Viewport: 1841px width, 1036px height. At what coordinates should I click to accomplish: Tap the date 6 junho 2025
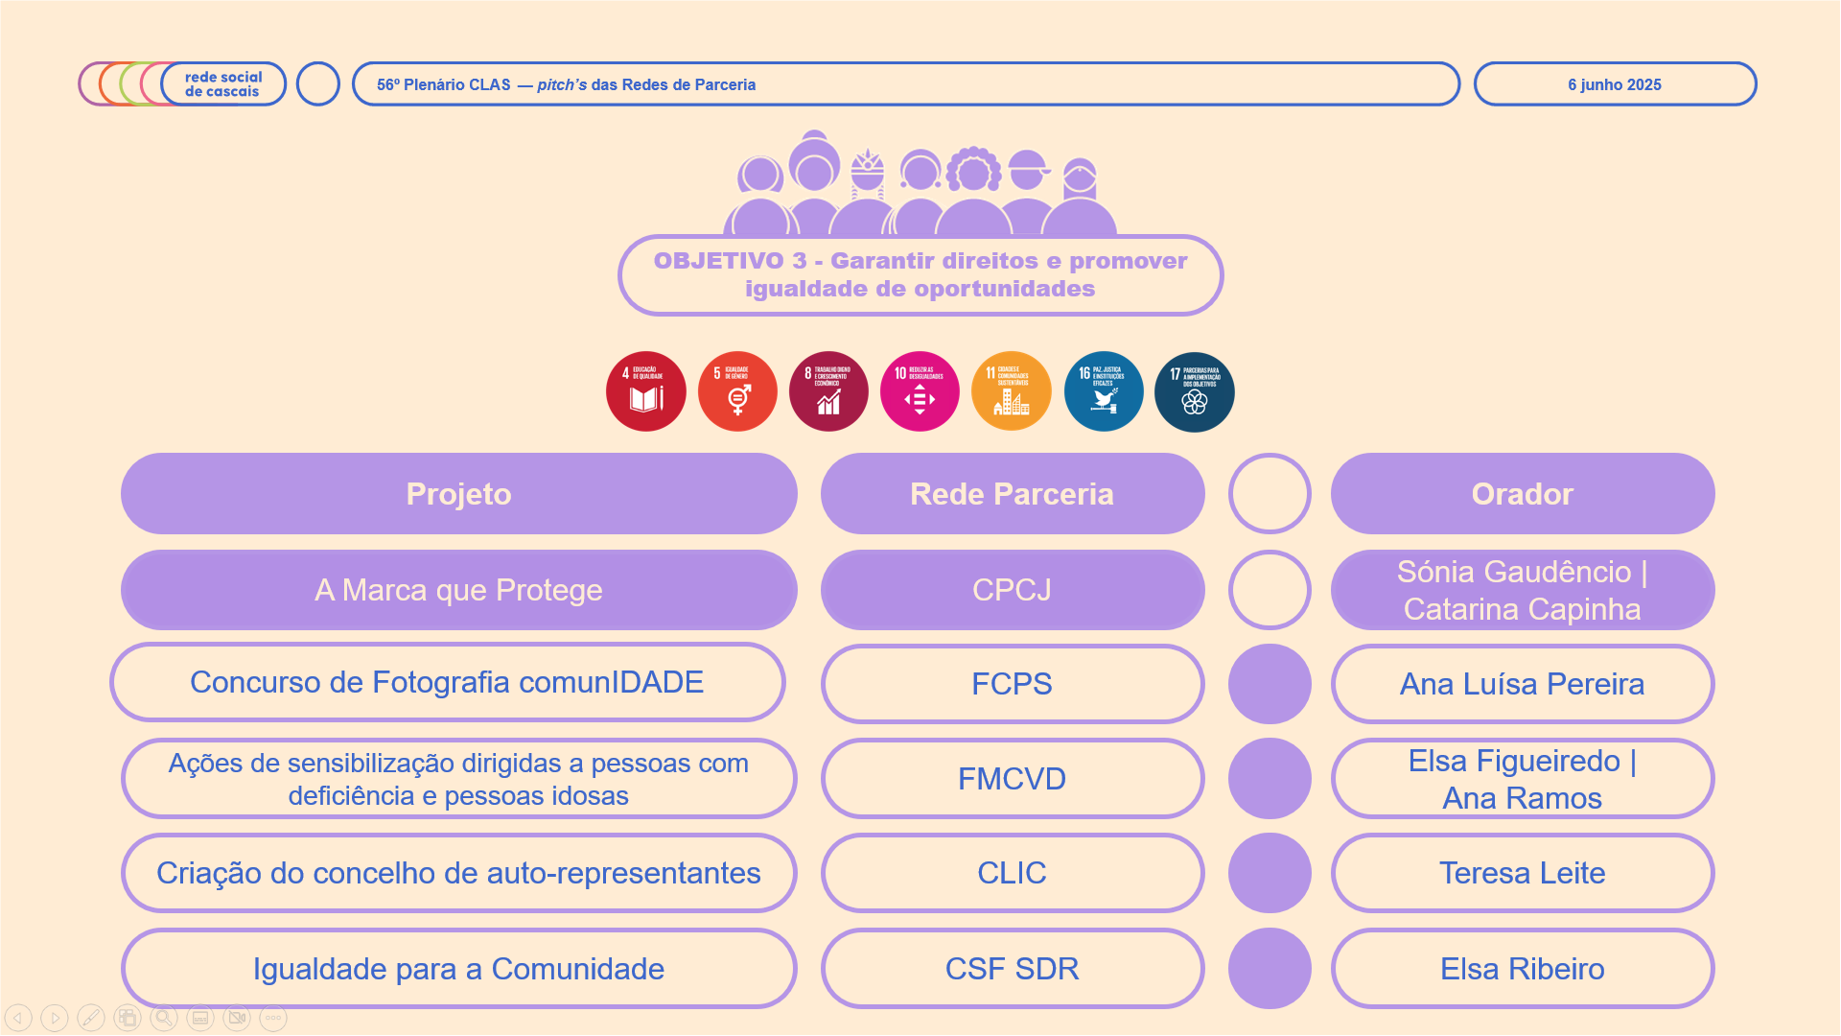1615,84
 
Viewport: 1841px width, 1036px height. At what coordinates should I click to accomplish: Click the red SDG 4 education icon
646,391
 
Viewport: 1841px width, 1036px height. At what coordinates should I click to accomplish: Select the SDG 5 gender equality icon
737,391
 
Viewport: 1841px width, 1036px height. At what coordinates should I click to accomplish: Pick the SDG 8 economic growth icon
828,391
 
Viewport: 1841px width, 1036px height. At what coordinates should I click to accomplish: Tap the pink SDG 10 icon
920,391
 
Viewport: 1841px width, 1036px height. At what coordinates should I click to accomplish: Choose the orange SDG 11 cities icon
1012,391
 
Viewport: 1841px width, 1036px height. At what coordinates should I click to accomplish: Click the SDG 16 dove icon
1104,391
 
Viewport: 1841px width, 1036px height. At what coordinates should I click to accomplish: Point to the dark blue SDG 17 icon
1195,391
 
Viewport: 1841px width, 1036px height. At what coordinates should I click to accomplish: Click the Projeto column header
458,494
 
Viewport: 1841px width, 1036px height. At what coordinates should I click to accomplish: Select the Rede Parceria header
1012,494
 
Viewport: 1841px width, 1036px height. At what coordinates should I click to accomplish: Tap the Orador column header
1522,494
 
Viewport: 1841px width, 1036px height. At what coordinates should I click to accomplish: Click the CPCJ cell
1012,590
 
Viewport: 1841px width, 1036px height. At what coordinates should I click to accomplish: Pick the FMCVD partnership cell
1012,779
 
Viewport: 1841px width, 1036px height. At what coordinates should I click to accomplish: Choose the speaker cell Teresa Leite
1522,873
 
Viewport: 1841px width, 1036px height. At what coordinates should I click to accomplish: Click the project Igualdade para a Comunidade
458,969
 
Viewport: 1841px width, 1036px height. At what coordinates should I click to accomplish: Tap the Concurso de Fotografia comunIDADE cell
447,682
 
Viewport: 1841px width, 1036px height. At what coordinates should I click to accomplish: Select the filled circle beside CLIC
1270,873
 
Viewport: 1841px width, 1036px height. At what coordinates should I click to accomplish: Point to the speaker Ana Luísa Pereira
1522,684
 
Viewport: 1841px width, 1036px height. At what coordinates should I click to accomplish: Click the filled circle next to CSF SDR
1270,969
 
